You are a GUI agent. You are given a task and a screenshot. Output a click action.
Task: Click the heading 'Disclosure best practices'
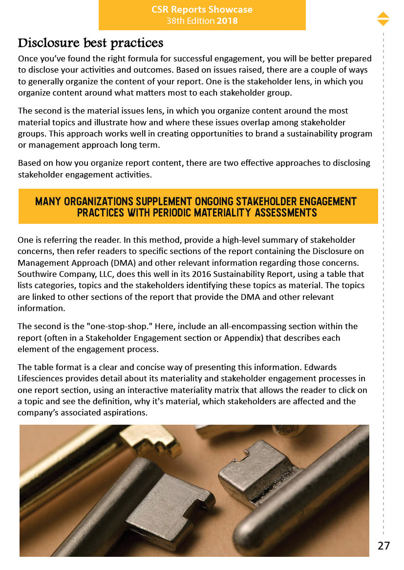[x=90, y=43]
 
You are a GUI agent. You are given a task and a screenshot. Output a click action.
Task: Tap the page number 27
[x=384, y=546]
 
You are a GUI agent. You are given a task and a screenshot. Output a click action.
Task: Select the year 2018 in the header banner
[x=227, y=21]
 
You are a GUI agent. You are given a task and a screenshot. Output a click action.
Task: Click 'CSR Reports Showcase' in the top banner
[x=202, y=10]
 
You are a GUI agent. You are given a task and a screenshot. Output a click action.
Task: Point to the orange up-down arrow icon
[x=383, y=19]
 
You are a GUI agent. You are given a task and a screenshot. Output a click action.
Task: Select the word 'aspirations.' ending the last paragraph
[x=124, y=413]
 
